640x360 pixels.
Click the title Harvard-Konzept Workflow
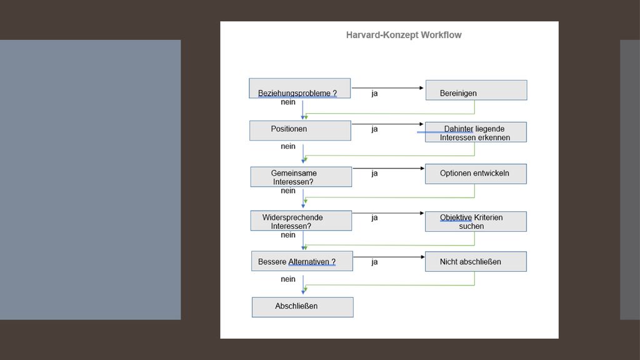point(404,35)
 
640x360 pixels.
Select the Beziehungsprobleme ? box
point(299,88)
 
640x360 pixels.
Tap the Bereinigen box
point(476,90)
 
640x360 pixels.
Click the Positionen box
point(300,131)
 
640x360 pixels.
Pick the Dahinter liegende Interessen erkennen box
point(476,132)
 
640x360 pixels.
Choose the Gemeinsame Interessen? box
point(301,177)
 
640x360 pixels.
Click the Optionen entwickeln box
point(476,174)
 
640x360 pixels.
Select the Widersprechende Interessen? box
point(301,221)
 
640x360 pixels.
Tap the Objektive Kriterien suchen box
point(476,222)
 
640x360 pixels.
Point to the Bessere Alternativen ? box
point(302,261)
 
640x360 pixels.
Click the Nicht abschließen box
point(476,262)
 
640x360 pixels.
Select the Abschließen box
point(302,307)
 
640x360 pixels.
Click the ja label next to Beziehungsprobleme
point(375,94)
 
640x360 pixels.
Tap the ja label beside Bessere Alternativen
point(375,262)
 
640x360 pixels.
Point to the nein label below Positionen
point(287,146)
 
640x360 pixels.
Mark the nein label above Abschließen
point(287,279)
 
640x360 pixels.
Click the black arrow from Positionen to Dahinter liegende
point(387,124)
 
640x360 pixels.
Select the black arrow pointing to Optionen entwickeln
point(389,168)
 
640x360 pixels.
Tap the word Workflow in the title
point(441,35)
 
